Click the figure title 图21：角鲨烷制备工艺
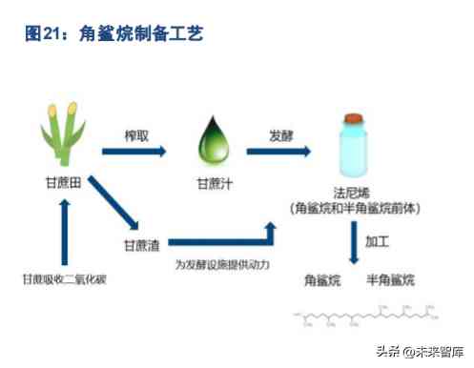pyautogui.click(x=113, y=34)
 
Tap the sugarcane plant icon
pyautogui.click(x=63, y=133)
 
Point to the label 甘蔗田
pyautogui.click(x=63, y=180)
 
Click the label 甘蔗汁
pyautogui.click(x=210, y=180)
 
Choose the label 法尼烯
pyautogui.click(x=354, y=192)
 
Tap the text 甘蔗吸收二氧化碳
pyautogui.click(x=64, y=279)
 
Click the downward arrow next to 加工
pyautogui.click(x=354, y=242)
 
